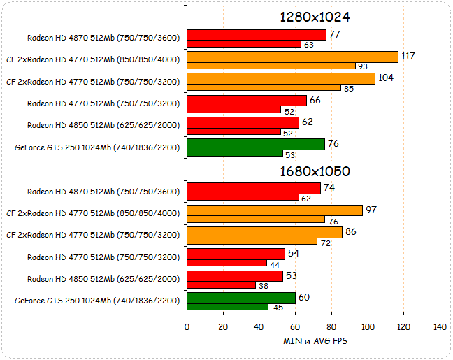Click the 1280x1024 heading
[x=315, y=17]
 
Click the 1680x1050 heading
[x=315, y=171]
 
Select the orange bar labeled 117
[x=292, y=57]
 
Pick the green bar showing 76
[x=256, y=144]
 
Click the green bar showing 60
[x=241, y=298]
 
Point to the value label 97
[x=372, y=210]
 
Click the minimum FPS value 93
[x=363, y=66]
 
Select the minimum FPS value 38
[x=263, y=285]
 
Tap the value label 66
[x=315, y=100]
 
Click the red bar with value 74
[x=254, y=188]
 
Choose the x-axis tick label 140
[x=440, y=326]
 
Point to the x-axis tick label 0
[x=187, y=326]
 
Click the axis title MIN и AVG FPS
[x=315, y=341]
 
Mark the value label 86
[x=351, y=231]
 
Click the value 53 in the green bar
[x=290, y=154]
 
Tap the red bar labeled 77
[x=257, y=35]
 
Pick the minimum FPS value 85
[x=349, y=88]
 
